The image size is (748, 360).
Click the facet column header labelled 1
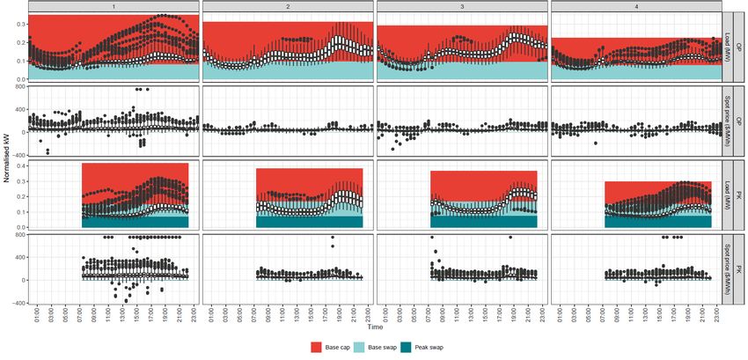(114, 6)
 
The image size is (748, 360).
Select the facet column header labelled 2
(288, 6)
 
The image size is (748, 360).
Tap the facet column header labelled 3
(462, 6)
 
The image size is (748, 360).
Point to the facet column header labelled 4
(635, 6)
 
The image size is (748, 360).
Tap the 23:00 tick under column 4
(717, 313)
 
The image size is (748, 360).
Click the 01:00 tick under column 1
(37, 313)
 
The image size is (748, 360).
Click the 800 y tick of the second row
(17, 87)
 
